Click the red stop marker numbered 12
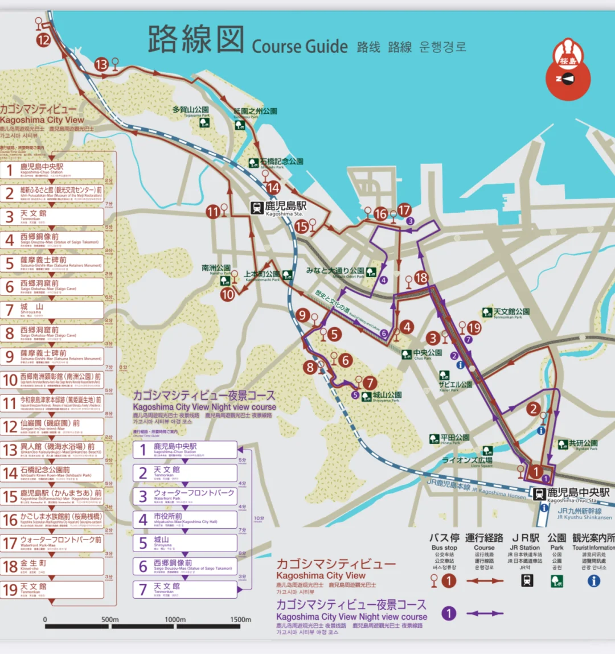click(44, 40)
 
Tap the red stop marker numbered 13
click(101, 64)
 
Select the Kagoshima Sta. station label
click(285, 208)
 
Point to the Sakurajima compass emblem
click(568, 69)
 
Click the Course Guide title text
click(300, 46)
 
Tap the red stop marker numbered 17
click(404, 210)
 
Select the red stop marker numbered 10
click(228, 294)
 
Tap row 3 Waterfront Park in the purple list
click(186, 495)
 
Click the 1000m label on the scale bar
click(175, 619)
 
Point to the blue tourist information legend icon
click(593, 581)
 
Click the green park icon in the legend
click(556, 581)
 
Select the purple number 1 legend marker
click(449, 613)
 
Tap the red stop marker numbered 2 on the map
click(533, 409)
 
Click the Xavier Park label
click(456, 385)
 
